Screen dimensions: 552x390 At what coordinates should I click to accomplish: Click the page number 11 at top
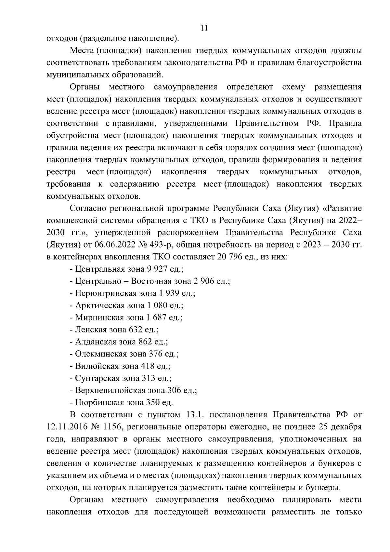pyautogui.click(x=204, y=28)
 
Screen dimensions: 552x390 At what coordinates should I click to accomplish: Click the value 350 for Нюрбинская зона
pyautogui.click(x=154, y=402)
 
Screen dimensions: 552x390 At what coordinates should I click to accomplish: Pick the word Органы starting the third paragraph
pyautogui.click(x=84, y=87)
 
